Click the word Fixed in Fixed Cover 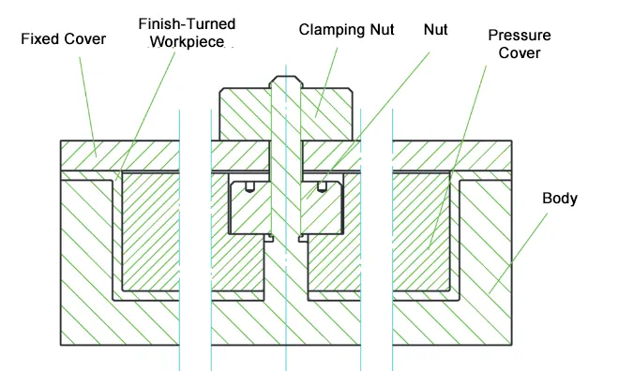coord(38,39)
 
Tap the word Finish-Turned coord(187,24)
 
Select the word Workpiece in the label coord(187,41)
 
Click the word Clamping coord(331,30)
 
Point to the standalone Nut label coord(435,30)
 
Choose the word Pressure coord(520,35)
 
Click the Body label coord(560,199)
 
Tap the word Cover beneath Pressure coord(520,52)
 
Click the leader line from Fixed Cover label coord(88,107)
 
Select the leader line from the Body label coord(519,254)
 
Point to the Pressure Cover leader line coord(458,157)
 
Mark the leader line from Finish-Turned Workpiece coord(145,115)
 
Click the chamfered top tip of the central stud coord(286,77)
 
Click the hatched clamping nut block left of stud coord(245,114)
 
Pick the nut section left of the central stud coord(250,208)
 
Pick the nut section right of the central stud coord(322,208)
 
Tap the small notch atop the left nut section coord(249,186)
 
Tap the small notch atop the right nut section coord(322,186)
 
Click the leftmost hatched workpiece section coord(151,231)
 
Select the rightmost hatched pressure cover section coord(421,231)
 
